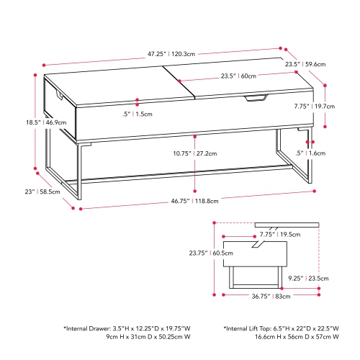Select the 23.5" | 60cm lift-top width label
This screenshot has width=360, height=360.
pyautogui.click(x=238, y=76)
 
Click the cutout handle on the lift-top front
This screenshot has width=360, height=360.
pyautogui.click(x=255, y=97)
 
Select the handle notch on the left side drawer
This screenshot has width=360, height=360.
pyautogui.click(x=56, y=93)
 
